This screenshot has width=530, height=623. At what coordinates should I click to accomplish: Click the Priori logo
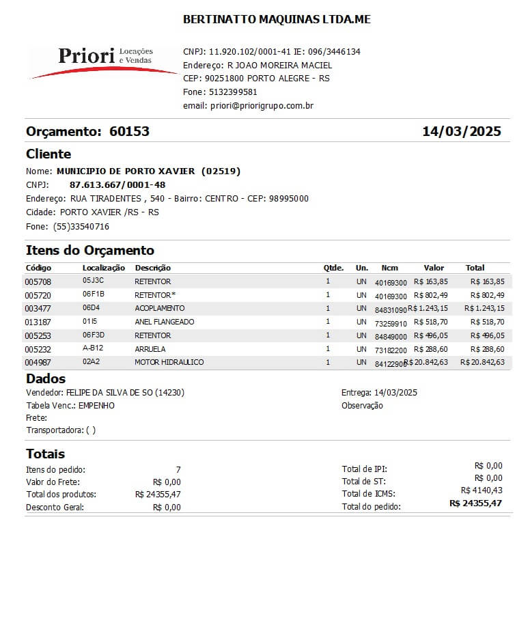click(x=102, y=60)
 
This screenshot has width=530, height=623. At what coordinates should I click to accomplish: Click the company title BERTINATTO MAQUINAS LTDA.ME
click(x=277, y=20)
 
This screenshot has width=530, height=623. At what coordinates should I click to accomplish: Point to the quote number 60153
click(x=129, y=131)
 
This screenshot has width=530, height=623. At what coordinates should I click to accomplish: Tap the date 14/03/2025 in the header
click(x=462, y=131)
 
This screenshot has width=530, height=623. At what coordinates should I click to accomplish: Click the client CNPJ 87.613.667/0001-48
click(x=117, y=184)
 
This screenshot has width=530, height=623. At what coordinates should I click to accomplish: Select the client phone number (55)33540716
click(x=81, y=226)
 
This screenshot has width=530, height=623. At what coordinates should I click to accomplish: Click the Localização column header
click(x=104, y=268)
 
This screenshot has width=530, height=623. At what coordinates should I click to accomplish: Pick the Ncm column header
click(x=389, y=268)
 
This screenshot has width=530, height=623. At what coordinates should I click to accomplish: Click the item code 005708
click(x=38, y=281)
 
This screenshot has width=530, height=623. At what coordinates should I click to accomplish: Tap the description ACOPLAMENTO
click(x=160, y=308)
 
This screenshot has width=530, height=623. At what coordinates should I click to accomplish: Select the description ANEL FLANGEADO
click(x=165, y=322)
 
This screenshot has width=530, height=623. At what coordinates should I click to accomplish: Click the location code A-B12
click(x=94, y=348)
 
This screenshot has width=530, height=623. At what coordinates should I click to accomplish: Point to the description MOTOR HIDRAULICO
click(x=169, y=362)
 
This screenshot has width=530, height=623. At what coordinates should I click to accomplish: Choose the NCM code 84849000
click(x=391, y=335)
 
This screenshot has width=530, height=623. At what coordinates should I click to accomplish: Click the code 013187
click(x=38, y=322)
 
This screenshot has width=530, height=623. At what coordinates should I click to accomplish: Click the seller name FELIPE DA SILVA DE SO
click(x=109, y=393)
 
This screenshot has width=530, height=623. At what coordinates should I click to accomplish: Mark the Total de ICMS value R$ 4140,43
click(x=482, y=490)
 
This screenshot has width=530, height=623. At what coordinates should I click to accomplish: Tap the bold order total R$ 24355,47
click(x=475, y=503)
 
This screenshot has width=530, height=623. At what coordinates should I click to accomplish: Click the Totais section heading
click(x=46, y=454)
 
